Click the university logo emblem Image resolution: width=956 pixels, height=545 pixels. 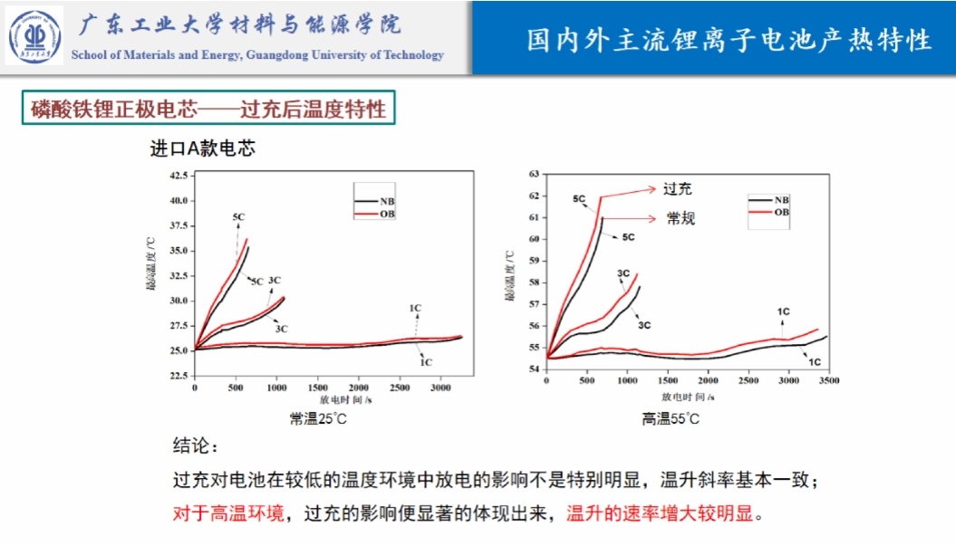pyautogui.click(x=36, y=35)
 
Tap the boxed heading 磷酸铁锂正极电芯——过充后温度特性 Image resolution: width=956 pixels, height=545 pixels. pyautogui.click(x=208, y=110)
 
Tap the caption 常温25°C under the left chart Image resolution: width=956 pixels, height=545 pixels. pyautogui.click(x=318, y=418)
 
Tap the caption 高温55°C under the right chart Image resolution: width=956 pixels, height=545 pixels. pyautogui.click(x=671, y=418)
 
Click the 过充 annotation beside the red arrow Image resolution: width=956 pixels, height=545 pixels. pyautogui.click(x=677, y=189)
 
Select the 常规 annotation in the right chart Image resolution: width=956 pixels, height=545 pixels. pyautogui.click(x=681, y=218)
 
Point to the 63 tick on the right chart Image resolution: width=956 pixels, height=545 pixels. pyautogui.click(x=533, y=173)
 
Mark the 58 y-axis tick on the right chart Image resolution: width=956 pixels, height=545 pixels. pyautogui.click(x=533, y=282)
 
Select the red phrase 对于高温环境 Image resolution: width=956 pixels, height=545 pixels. pyautogui.click(x=228, y=514)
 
